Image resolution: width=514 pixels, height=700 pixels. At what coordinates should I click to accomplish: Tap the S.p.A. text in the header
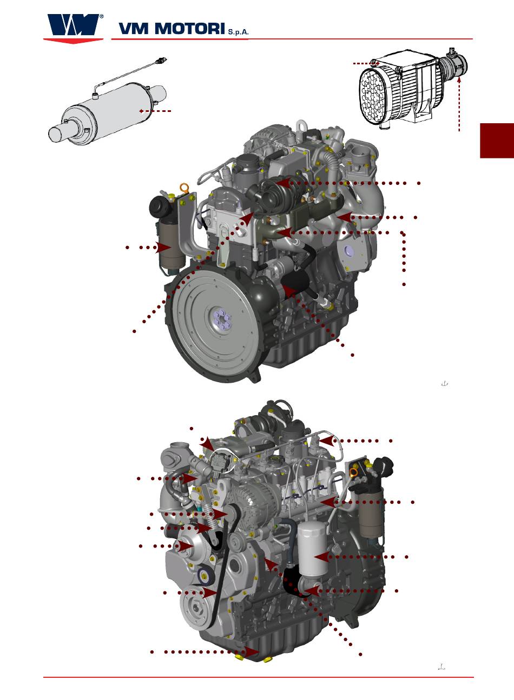click(x=239, y=32)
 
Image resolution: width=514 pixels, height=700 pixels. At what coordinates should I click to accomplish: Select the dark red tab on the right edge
click(x=497, y=141)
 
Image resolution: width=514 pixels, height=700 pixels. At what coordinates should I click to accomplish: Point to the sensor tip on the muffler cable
click(x=163, y=59)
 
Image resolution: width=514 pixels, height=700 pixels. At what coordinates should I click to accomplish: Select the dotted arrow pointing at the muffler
click(x=155, y=111)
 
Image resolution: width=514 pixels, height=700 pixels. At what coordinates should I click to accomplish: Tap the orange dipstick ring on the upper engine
click(x=184, y=189)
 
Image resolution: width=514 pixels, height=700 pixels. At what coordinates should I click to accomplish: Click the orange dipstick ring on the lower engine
click(x=355, y=472)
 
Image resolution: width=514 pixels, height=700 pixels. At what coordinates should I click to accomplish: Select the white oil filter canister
click(x=313, y=549)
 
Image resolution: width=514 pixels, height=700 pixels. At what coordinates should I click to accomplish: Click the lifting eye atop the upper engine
click(x=302, y=126)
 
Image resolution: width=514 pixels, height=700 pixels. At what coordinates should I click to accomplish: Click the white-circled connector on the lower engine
click(x=221, y=459)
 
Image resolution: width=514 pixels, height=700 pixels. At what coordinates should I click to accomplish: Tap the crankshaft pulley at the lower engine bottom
click(x=196, y=607)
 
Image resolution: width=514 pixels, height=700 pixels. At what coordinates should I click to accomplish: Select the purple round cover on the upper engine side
click(x=348, y=250)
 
